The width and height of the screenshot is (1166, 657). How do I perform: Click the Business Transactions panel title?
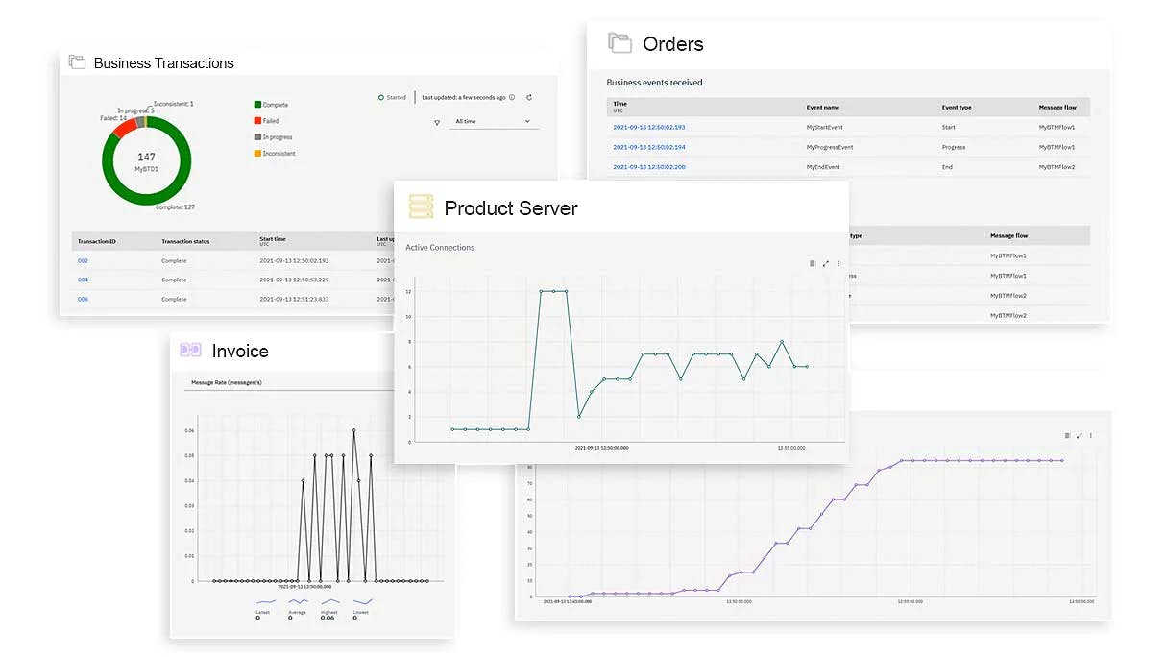tap(163, 63)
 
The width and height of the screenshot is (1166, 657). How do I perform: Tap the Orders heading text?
tap(672, 44)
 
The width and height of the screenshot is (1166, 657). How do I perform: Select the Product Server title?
tap(510, 208)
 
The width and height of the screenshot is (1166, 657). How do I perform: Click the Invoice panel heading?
tap(239, 352)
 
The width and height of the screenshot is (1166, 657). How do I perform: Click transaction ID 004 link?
tap(83, 280)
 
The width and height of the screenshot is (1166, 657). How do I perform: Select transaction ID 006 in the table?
tap(83, 299)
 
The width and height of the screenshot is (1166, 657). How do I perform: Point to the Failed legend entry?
tap(270, 121)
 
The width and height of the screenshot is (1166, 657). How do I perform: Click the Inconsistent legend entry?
tap(279, 154)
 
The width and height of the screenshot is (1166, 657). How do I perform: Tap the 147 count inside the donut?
tap(146, 157)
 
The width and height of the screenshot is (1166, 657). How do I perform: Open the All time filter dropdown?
tap(492, 122)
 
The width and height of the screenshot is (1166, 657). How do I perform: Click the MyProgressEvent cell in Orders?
tap(830, 147)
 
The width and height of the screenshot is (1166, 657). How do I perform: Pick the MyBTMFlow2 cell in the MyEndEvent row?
tap(1057, 167)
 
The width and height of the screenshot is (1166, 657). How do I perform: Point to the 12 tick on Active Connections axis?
tap(408, 291)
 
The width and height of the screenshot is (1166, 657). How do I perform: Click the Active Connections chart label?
tap(440, 248)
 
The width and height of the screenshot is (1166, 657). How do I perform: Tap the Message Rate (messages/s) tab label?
tap(227, 382)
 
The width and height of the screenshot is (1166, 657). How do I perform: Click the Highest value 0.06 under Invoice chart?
tap(328, 618)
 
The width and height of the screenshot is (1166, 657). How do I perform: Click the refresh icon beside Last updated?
tap(529, 97)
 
